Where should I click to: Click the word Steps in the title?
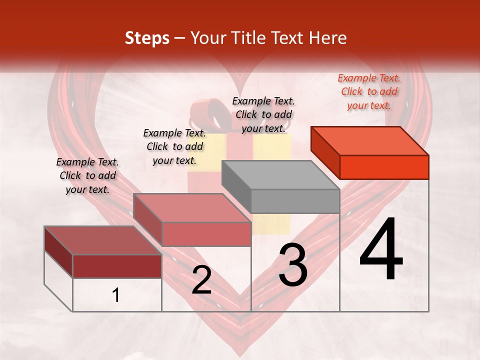click(147, 38)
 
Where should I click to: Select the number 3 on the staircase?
click(293, 266)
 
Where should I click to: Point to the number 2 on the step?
click(201, 280)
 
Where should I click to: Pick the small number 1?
click(116, 295)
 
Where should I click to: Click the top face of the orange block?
click(370, 140)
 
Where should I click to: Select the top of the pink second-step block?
click(192, 207)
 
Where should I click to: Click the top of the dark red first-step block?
click(103, 240)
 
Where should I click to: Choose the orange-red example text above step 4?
click(369, 91)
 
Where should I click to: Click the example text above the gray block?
click(263, 114)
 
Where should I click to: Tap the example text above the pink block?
click(174, 146)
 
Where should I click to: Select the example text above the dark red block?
click(87, 175)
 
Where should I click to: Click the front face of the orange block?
click(384, 167)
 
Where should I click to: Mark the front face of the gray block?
click(295, 201)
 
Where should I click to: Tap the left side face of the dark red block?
click(58, 252)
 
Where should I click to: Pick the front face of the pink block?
click(206, 234)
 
